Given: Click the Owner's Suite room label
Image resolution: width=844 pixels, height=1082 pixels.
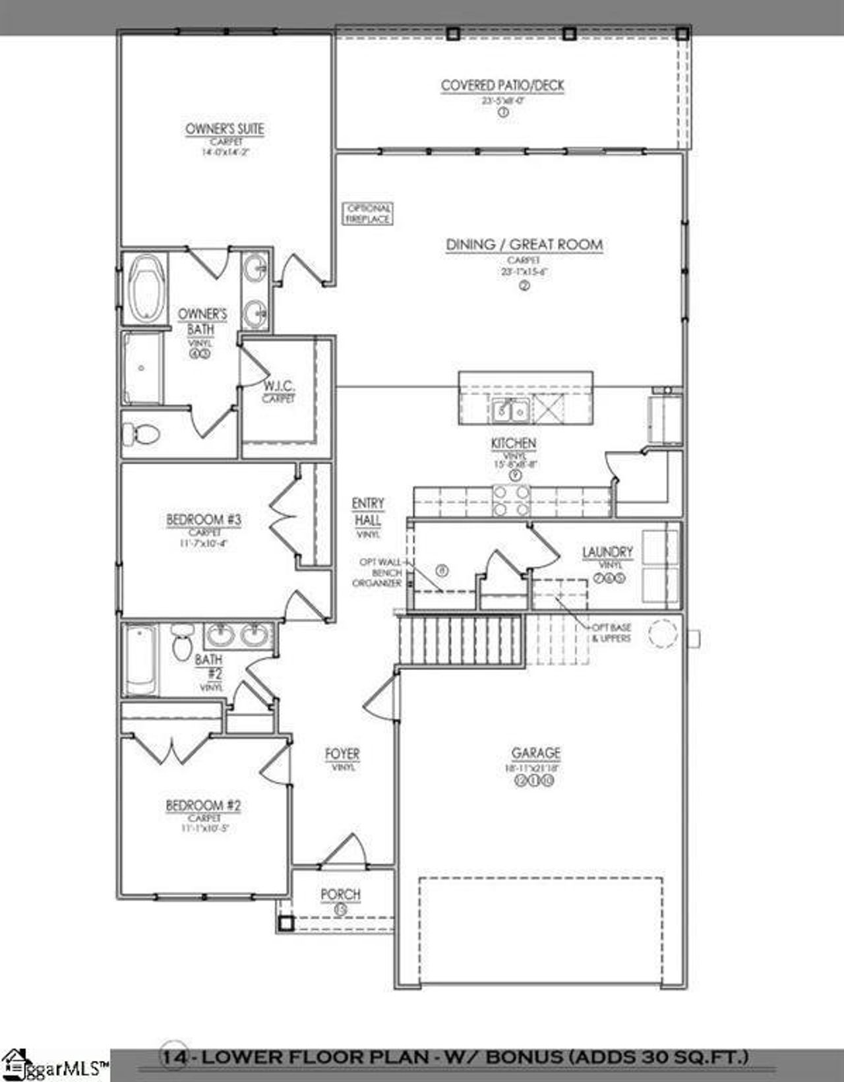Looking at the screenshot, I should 224,129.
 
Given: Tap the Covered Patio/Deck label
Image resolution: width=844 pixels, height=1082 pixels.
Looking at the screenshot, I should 502,86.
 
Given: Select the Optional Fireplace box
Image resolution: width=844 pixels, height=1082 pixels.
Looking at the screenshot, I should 368,214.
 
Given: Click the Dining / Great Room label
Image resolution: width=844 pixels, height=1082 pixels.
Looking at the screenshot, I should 524,245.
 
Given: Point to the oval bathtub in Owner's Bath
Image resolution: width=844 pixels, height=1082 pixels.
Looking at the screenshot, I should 146,288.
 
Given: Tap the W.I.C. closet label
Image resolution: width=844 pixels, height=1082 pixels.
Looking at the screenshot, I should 279,386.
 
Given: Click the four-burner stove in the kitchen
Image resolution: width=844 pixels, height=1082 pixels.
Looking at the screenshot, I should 511,501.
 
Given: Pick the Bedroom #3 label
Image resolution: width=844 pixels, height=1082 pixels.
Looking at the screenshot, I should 204,520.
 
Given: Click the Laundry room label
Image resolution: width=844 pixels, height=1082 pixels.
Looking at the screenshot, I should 607,553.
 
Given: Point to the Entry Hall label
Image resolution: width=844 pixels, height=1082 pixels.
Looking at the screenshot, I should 367,512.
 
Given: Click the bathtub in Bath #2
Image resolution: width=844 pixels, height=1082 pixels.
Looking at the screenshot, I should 140,660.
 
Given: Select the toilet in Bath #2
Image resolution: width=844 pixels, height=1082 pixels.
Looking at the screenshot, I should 182,642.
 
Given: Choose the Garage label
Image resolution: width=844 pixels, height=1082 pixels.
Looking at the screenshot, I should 536,753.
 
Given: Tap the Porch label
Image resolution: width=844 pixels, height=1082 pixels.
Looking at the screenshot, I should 340,895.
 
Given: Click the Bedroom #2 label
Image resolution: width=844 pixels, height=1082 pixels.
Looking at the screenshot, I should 203,806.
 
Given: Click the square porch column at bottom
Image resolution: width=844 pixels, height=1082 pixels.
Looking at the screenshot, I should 285,923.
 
